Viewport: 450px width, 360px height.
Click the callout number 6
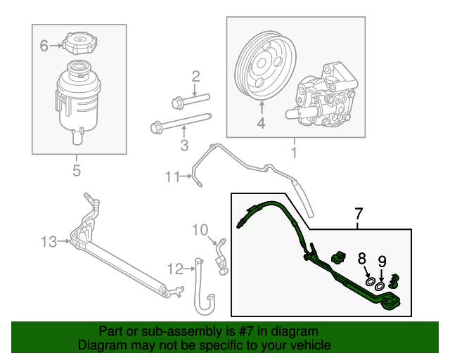click(x=44, y=46)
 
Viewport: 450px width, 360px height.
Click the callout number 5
click(x=77, y=170)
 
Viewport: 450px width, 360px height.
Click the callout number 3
click(x=184, y=146)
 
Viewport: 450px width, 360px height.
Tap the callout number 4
click(x=261, y=124)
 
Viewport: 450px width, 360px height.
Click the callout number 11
click(x=173, y=176)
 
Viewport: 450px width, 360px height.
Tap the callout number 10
click(x=201, y=229)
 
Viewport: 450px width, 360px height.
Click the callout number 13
click(x=49, y=242)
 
